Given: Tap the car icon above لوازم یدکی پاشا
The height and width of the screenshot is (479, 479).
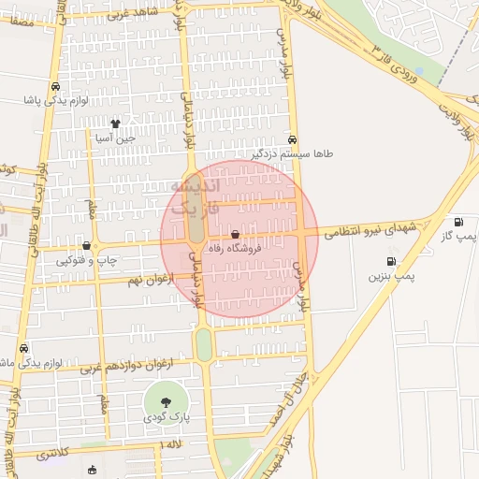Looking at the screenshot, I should click(58, 82).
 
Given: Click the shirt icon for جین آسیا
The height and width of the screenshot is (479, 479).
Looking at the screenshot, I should click(115, 123).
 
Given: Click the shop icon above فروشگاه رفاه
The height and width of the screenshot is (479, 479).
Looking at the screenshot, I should click(234, 235).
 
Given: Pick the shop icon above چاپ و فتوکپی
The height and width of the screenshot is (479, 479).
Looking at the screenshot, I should click(86, 245).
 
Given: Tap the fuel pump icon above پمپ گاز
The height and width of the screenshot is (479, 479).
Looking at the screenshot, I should click(457, 222).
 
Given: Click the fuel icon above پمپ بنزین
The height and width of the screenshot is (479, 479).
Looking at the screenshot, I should click(389, 261).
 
